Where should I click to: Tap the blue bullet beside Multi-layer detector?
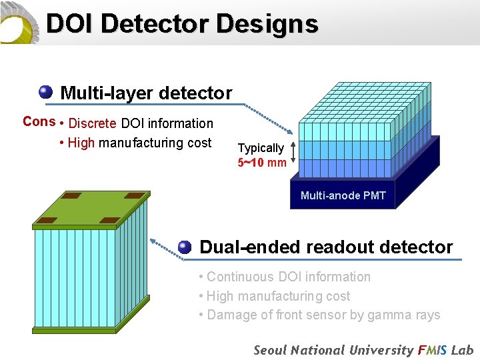coord(46,92)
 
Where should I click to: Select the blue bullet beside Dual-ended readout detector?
coord(185,247)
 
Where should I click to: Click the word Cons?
coord(39,121)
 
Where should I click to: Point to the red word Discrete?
coord(93,123)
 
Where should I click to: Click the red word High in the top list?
coord(81,143)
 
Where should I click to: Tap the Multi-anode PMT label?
coord(343,195)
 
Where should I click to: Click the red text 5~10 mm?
coord(262,162)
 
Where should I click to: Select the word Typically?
coord(261,148)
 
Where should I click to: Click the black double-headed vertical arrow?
coord(293,155)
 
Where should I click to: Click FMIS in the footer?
coord(432,350)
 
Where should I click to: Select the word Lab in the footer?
coord(461,350)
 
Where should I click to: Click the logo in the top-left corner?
coord(19,22)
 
